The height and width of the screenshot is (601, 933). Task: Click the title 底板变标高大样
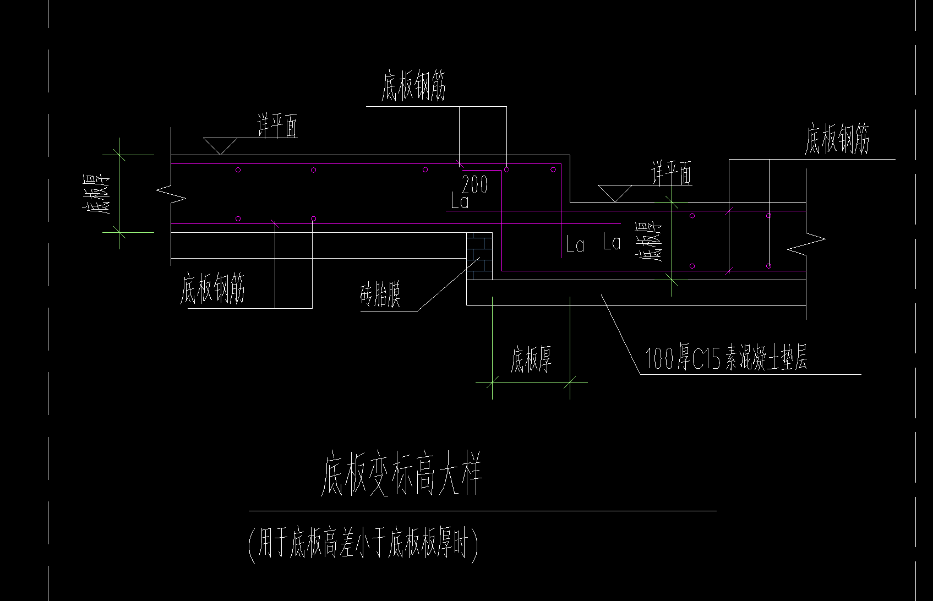[401, 475]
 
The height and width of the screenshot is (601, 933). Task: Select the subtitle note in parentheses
[363, 544]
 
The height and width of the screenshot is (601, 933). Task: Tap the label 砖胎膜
[380, 296]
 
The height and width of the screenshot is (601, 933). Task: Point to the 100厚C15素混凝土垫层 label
[726, 359]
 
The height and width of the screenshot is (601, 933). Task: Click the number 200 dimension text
[474, 185]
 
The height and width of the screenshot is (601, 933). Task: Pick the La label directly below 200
[460, 201]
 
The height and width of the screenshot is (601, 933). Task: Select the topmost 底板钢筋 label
[413, 88]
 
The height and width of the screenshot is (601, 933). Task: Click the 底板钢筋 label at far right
[837, 140]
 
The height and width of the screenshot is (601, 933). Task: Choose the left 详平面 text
[277, 127]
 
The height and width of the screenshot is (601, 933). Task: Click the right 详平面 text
[672, 173]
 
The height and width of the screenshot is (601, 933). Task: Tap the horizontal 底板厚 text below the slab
[531, 359]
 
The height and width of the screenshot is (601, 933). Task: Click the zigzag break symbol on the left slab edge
[171, 193]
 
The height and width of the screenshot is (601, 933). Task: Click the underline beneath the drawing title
[482, 511]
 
